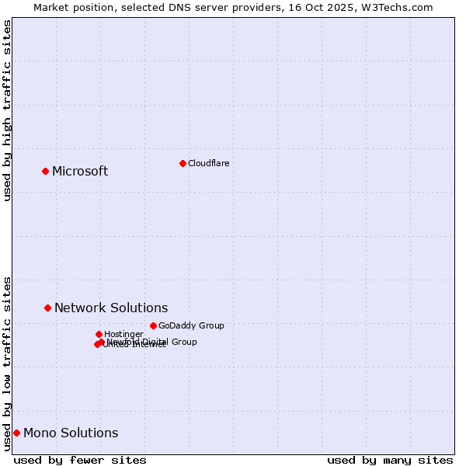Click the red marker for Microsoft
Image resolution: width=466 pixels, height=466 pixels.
pos(45,171)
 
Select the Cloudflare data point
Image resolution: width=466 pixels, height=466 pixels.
pos(183,163)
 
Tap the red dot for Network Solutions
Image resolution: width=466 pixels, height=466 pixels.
pos(47,308)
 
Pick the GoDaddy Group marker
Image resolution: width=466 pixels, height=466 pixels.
pos(153,325)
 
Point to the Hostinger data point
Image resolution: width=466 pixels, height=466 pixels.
pos(99,334)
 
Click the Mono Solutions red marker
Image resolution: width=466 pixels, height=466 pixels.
pos(16,433)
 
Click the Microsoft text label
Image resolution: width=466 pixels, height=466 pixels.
pos(80,172)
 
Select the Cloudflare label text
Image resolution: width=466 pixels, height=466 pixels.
pos(208,163)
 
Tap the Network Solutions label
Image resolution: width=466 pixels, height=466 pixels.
pos(111,308)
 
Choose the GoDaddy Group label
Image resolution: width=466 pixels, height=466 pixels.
pos(191,326)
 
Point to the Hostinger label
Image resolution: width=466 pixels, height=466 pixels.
pos(123,334)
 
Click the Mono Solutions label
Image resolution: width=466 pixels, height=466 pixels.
pos(71,433)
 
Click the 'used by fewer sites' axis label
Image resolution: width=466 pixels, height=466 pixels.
pos(80,460)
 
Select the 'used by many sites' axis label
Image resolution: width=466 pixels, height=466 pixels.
pos(390,460)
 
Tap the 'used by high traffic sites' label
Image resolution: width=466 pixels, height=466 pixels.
pos(8,110)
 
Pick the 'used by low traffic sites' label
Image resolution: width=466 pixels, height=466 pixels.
pos(8,363)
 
